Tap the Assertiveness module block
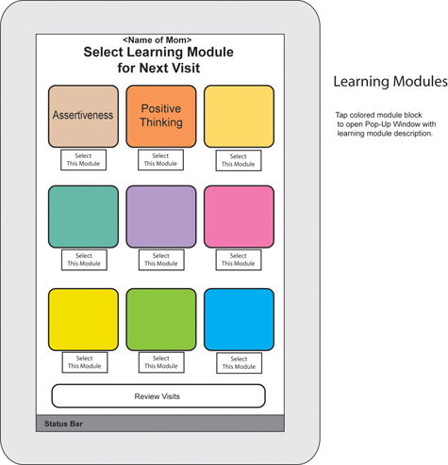83,116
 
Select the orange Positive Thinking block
161,116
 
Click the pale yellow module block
239,116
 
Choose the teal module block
83,216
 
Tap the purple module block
161,216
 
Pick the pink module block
239,216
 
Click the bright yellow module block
83,319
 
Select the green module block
161,319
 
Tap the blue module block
239,319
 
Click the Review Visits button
158,396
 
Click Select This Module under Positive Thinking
160,160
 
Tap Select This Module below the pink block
239,260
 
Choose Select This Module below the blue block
239,363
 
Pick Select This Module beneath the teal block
84,260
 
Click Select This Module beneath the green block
161,362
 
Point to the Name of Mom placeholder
158,40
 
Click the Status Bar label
63,424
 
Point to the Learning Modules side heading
390,82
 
